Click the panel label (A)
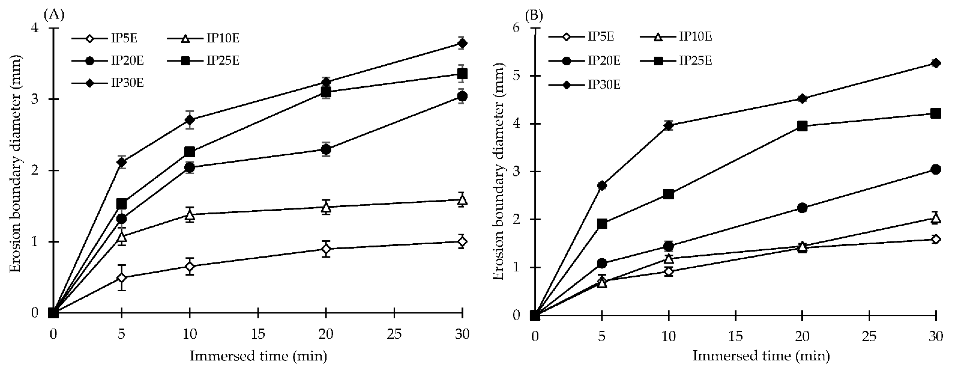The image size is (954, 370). (54, 15)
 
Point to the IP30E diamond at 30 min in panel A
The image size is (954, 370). (462, 43)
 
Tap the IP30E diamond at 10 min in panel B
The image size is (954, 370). (669, 126)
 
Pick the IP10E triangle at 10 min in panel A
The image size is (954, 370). (190, 214)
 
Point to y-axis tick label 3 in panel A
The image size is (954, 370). (35, 99)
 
